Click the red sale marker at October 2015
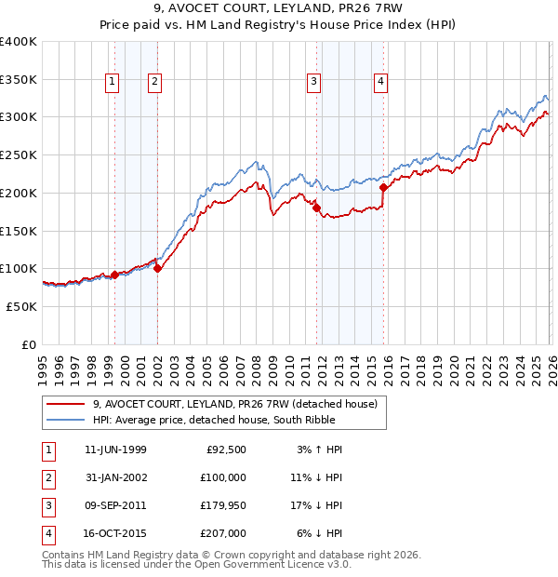pyautogui.click(x=383, y=188)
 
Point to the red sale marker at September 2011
pyautogui.click(x=316, y=208)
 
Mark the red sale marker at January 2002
pyautogui.click(x=157, y=268)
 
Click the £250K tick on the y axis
pyautogui.click(x=19, y=155)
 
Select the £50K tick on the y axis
pyautogui.click(x=21, y=306)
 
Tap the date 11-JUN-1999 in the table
pyautogui.click(x=115, y=450)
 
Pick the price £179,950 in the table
pyautogui.click(x=223, y=504)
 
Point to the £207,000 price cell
pyautogui.click(x=223, y=532)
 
